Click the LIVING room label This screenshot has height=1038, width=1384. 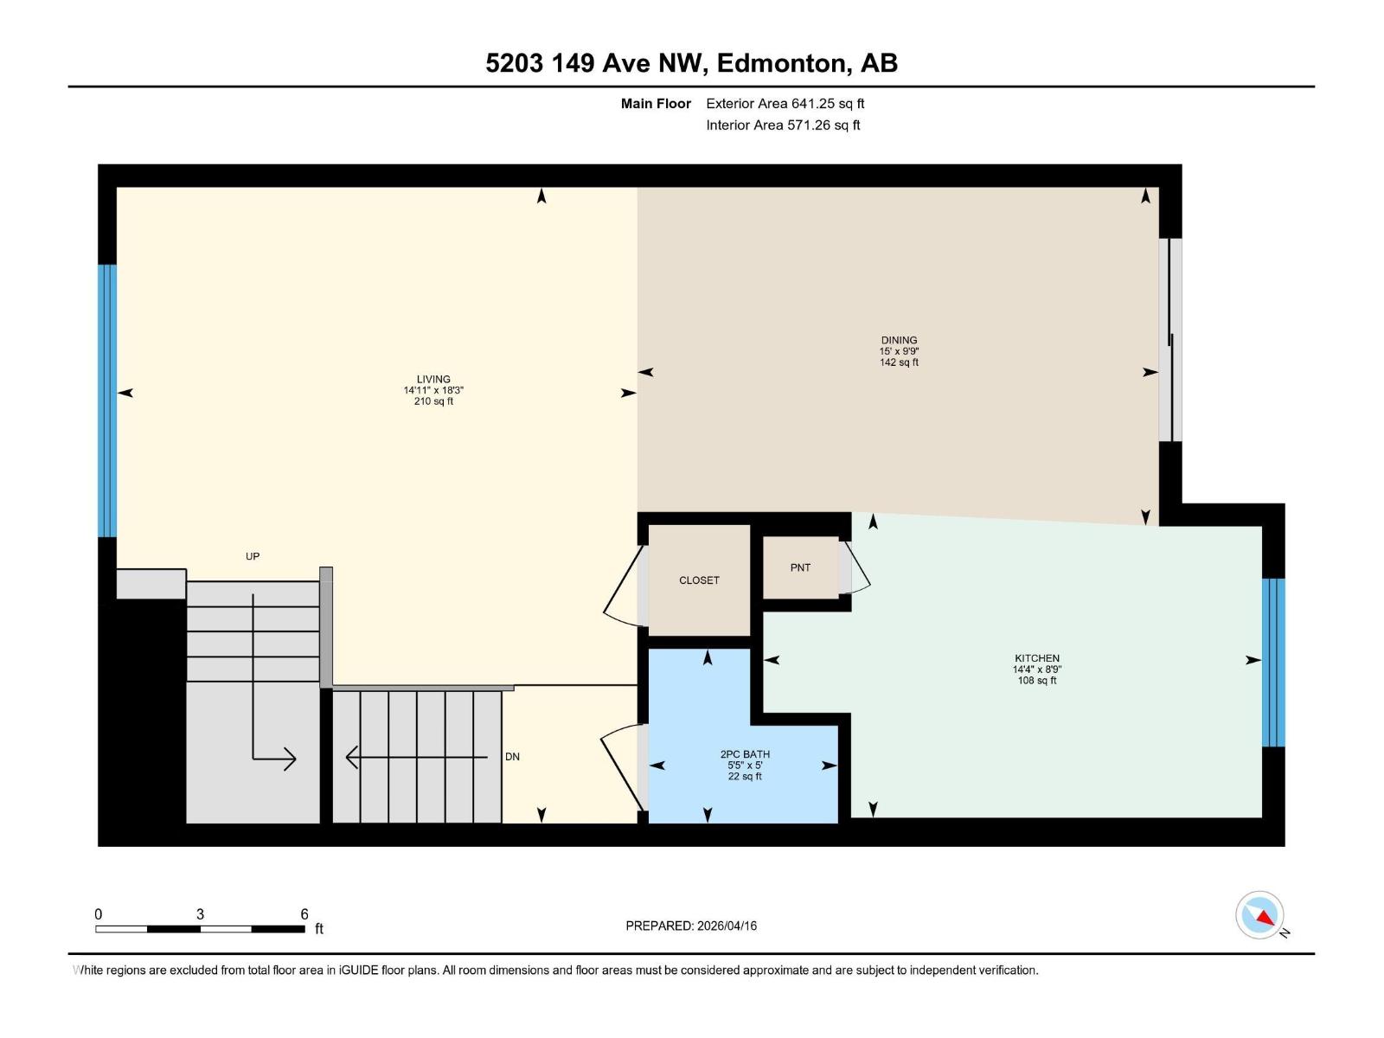(433, 379)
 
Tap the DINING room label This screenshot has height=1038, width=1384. (899, 340)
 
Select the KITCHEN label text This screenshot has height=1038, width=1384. (1036, 658)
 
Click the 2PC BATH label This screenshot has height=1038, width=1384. (744, 754)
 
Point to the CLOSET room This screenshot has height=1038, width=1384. (699, 580)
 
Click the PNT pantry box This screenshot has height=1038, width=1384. (800, 567)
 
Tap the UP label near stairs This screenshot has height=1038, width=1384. (253, 556)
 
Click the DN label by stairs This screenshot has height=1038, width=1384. (512, 757)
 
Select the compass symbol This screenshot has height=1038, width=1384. (1260, 915)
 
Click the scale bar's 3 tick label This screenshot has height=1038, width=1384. (200, 914)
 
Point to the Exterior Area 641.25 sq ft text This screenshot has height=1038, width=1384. (785, 104)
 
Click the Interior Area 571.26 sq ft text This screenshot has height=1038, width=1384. (783, 125)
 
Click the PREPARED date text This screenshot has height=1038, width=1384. (691, 926)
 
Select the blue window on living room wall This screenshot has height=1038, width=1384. (107, 400)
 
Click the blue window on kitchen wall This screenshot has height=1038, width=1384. (1273, 662)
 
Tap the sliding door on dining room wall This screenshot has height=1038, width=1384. (1170, 340)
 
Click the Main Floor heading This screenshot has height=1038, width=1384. (656, 104)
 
